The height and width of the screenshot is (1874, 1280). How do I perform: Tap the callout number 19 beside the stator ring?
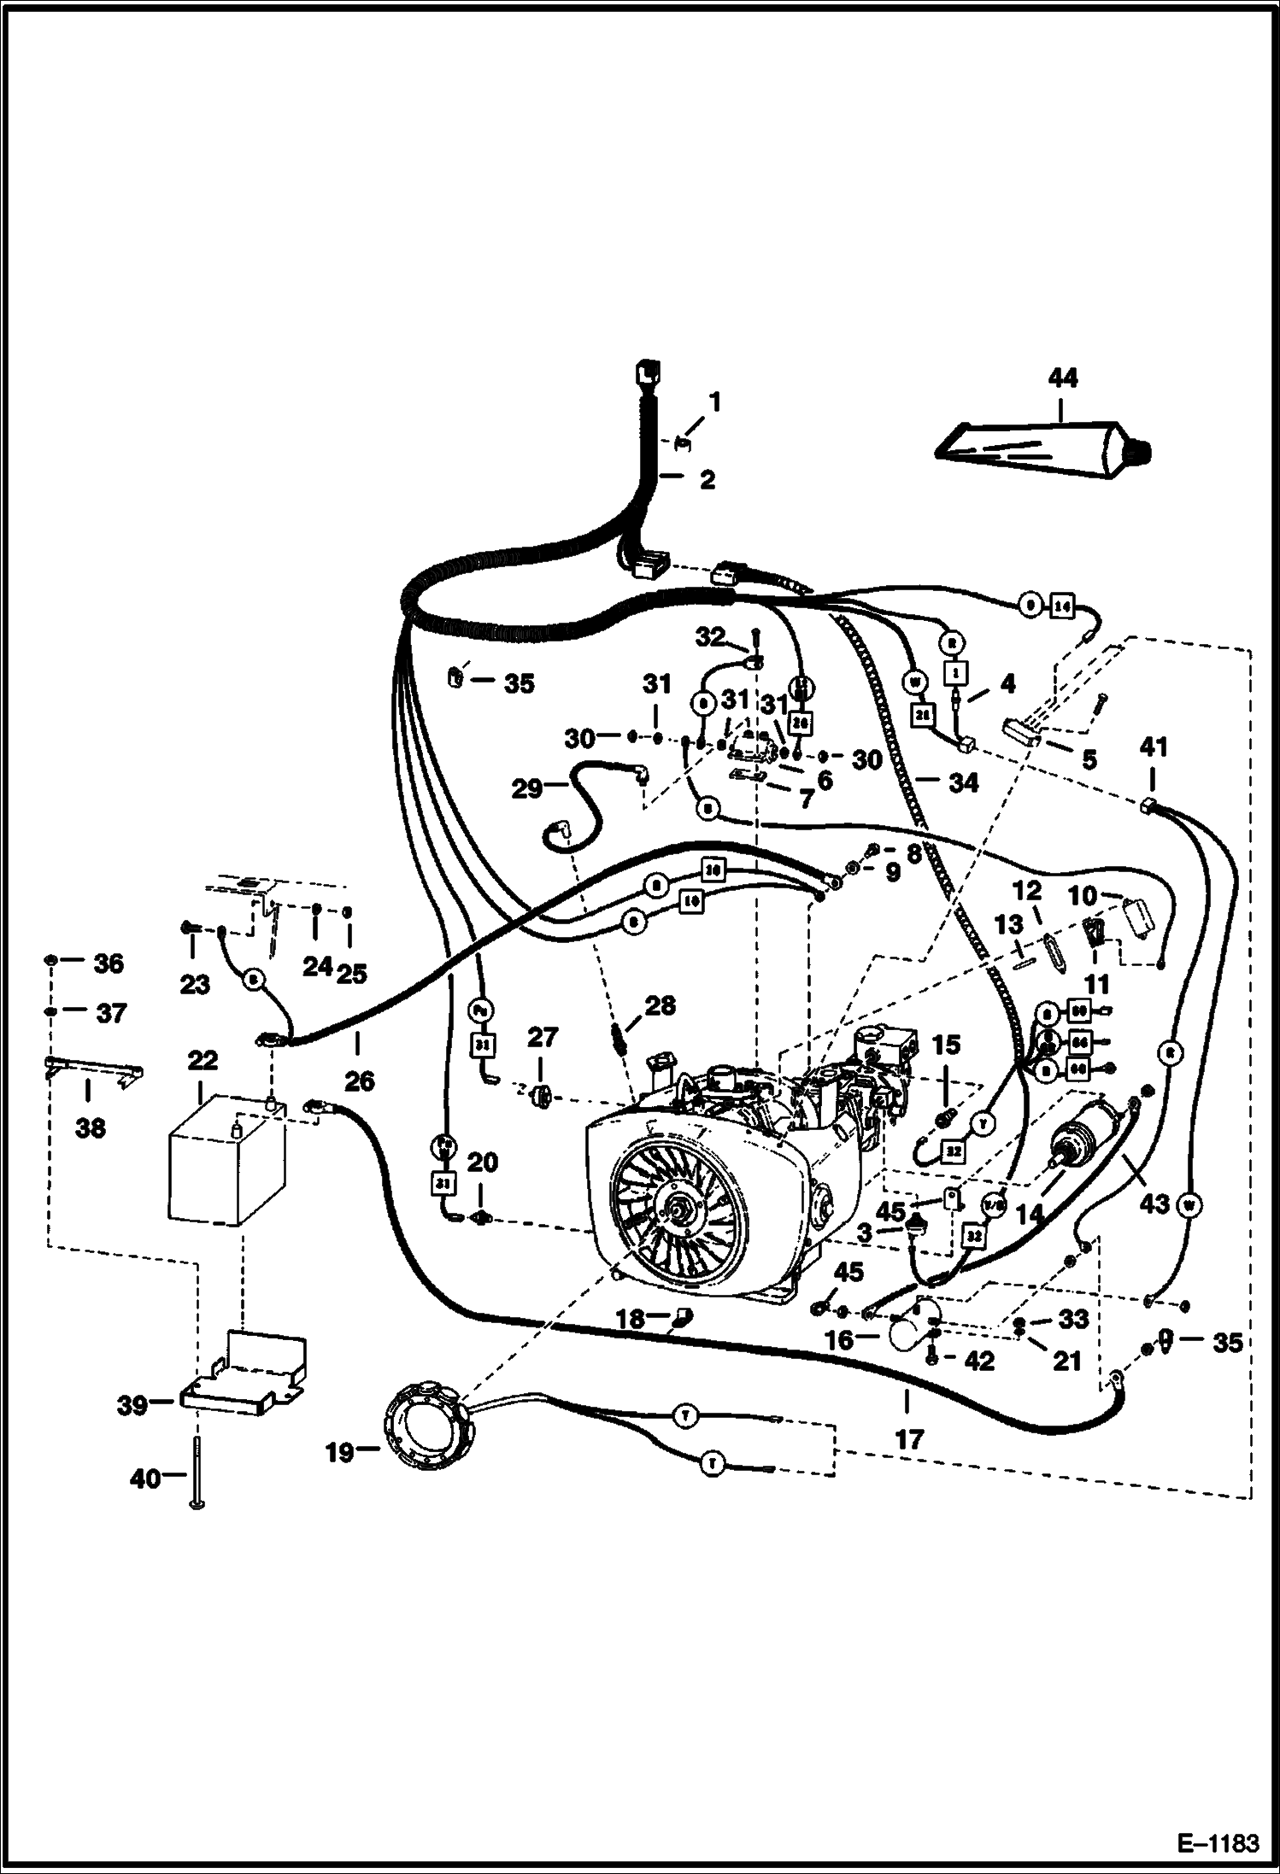click(x=340, y=1452)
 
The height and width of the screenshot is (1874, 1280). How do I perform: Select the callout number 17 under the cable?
click(x=909, y=1439)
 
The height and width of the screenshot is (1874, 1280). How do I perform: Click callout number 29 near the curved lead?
click(x=527, y=788)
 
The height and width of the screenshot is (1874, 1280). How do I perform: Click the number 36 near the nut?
click(x=109, y=963)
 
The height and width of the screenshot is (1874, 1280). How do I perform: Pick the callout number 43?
click(x=1154, y=1203)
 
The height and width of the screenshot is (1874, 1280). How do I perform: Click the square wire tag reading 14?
click(x=1061, y=606)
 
